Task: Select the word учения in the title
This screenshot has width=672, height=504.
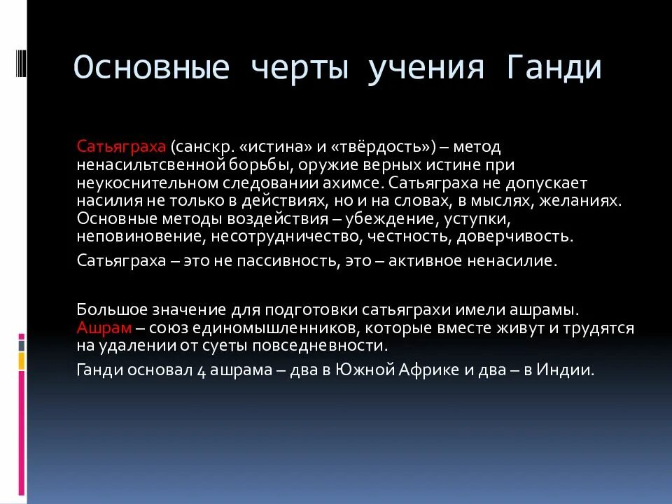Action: point(426,69)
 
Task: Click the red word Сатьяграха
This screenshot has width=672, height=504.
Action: point(121,147)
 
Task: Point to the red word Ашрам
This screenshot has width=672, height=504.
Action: point(104,328)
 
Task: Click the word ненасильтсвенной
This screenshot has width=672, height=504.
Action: point(151,164)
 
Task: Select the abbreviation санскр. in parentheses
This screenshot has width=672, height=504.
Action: point(211,147)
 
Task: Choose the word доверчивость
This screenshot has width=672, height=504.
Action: point(514,237)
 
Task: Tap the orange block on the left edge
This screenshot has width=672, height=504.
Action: point(22,360)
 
